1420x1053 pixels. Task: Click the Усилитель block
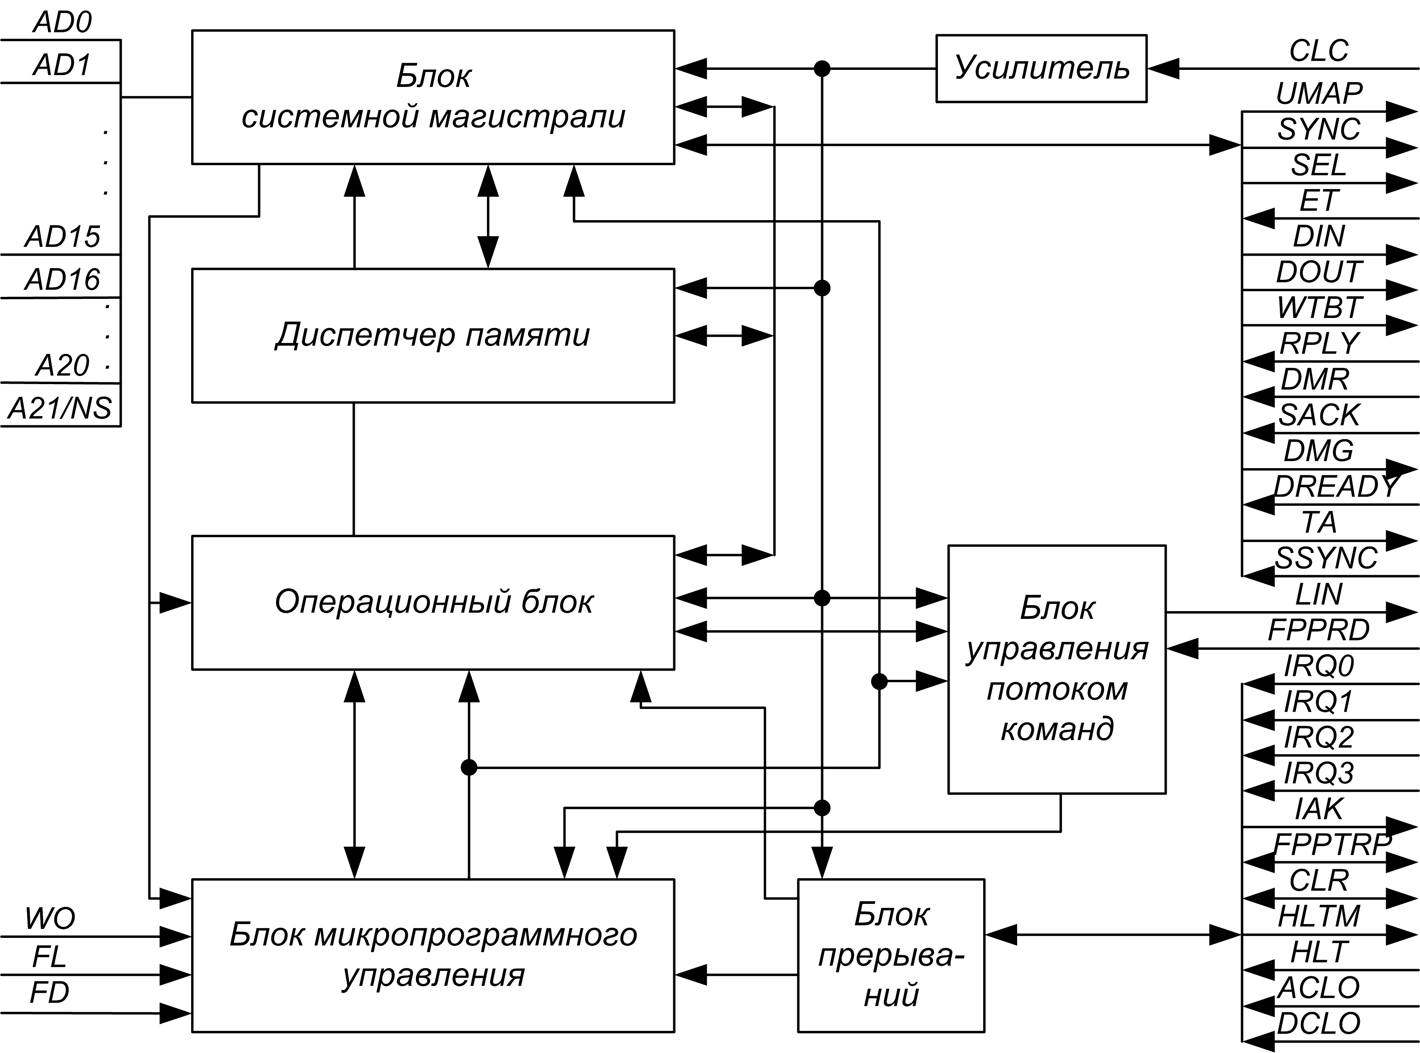[1041, 69]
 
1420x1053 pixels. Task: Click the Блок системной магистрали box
[433, 97]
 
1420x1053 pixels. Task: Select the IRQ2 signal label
[1319, 738]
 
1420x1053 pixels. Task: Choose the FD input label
[50, 992]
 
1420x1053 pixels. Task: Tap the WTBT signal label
[1319, 308]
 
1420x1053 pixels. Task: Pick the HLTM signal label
[1319, 916]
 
